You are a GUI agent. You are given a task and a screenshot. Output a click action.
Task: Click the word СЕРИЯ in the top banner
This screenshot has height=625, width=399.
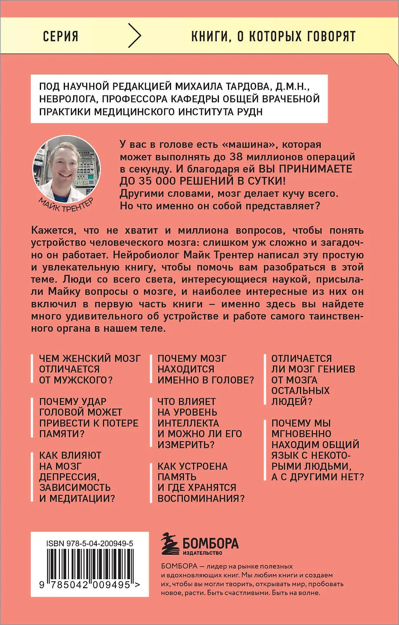click(x=61, y=36)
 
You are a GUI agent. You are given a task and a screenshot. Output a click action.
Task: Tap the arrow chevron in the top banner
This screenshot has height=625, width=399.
click(x=134, y=36)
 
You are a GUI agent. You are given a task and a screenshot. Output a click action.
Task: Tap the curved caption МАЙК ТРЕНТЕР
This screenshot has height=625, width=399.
click(x=66, y=205)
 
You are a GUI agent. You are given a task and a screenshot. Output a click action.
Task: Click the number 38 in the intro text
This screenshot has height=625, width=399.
click(x=236, y=157)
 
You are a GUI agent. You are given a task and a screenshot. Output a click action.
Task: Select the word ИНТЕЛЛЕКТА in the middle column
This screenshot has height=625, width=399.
click(x=188, y=423)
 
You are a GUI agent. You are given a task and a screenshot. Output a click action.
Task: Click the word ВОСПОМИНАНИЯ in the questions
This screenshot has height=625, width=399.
click(x=201, y=498)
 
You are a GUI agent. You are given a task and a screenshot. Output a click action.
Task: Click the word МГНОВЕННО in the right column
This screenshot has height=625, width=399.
click(x=301, y=434)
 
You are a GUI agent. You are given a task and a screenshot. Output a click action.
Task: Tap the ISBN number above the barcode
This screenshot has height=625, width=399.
click(x=90, y=543)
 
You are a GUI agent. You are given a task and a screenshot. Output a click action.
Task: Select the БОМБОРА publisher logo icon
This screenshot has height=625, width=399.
click(x=170, y=545)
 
